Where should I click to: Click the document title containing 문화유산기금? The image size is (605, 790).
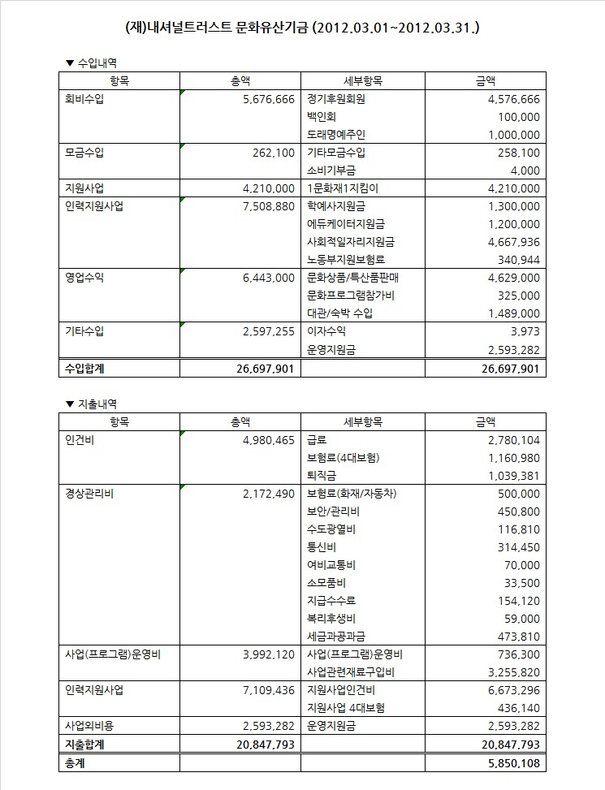(302, 27)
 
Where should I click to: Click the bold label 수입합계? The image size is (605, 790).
(84, 369)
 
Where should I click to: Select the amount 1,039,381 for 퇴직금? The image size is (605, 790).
(509, 476)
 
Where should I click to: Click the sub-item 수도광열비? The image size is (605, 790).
(332, 529)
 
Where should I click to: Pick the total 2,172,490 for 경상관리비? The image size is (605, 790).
(268, 494)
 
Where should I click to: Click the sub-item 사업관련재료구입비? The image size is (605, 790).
(351, 672)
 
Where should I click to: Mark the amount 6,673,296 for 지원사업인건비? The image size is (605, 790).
(509, 690)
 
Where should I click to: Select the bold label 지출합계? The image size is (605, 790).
(84, 744)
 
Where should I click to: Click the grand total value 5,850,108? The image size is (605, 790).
(509, 763)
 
